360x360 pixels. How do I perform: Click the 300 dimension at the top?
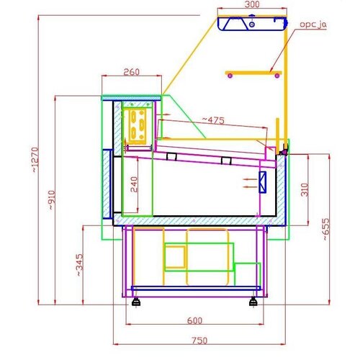pos(252,5)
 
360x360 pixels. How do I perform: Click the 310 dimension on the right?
pos(306,191)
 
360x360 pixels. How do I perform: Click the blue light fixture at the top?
pos(251,24)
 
